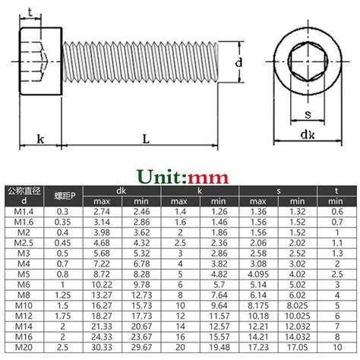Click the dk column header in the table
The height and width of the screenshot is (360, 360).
pyautogui.click(x=119, y=191)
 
